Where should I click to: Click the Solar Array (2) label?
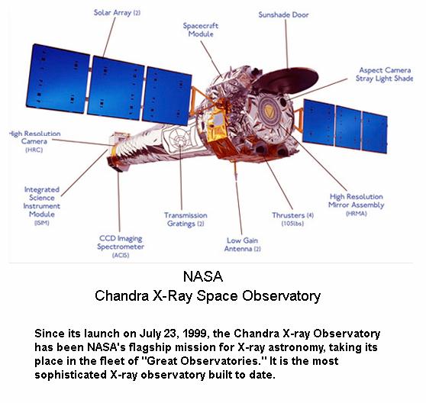(x=117, y=12)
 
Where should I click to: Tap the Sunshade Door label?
(x=283, y=15)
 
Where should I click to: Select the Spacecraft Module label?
(x=201, y=30)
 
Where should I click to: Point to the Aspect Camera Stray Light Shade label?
(x=385, y=74)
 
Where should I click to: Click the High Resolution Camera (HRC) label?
(x=34, y=141)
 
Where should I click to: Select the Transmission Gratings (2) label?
(x=186, y=219)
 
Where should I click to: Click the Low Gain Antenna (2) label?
(x=242, y=244)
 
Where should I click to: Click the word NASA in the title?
(x=203, y=276)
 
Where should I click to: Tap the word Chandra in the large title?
(x=121, y=295)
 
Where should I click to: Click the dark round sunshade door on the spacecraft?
(x=286, y=80)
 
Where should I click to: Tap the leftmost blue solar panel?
(x=57, y=79)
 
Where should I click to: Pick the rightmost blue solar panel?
(x=375, y=132)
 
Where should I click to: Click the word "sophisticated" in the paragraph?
(x=70, y=375)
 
